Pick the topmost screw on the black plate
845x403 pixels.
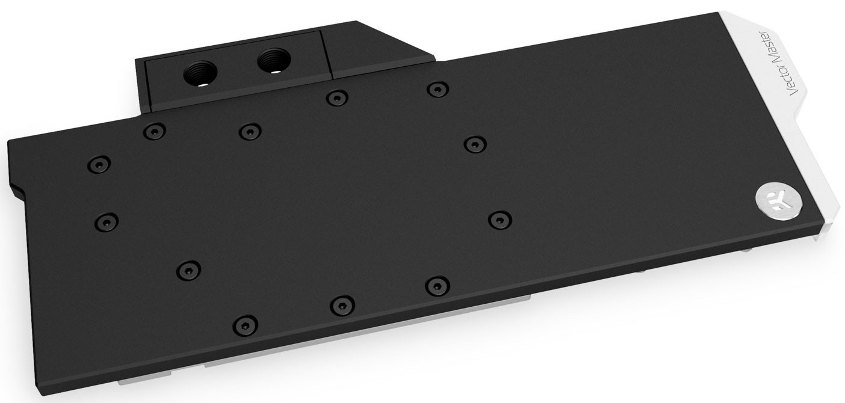tap(438, 90)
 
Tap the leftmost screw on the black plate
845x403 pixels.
tap(99, 164)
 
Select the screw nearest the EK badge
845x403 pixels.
tap(500, 220)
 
